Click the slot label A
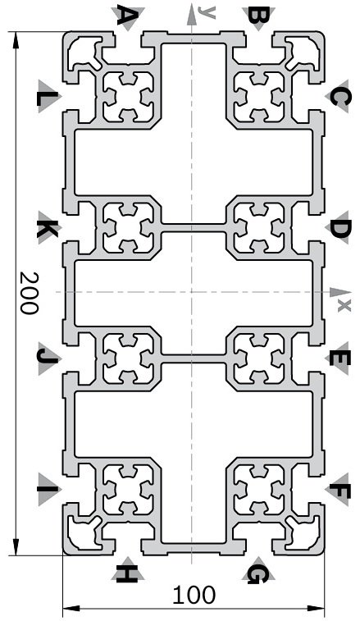128,16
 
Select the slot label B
258,16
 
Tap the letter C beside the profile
339,98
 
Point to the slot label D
339,229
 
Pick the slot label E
339,359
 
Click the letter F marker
339,491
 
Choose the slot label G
258,573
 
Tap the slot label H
127,573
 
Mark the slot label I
48,489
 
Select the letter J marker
48,357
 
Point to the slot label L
48,98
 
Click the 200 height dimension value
30,293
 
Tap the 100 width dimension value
194,595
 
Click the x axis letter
344,305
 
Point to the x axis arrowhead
336,292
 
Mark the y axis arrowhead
191,11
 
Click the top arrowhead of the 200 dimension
16,40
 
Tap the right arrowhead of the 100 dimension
316,608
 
